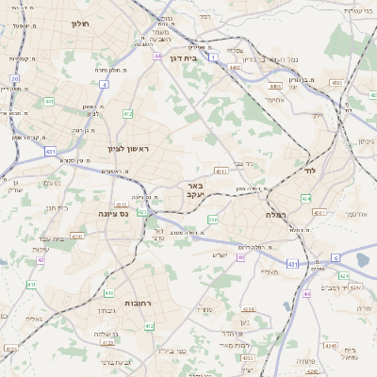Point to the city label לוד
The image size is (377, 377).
pyautogui.click(x=311, y=172)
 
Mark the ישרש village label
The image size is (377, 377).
pyautogui.click(x=221, y=255)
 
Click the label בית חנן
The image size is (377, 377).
pyautogui.click(x=58, y=207)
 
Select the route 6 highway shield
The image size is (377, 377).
pyautogui.click(x=335, y=256)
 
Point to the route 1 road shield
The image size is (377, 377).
pyautogui.click(x=213, y=58)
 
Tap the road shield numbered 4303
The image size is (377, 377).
pyautogui.click(x=76, y=236)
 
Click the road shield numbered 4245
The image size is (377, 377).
pyautogui.click(x=329, y=345)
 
